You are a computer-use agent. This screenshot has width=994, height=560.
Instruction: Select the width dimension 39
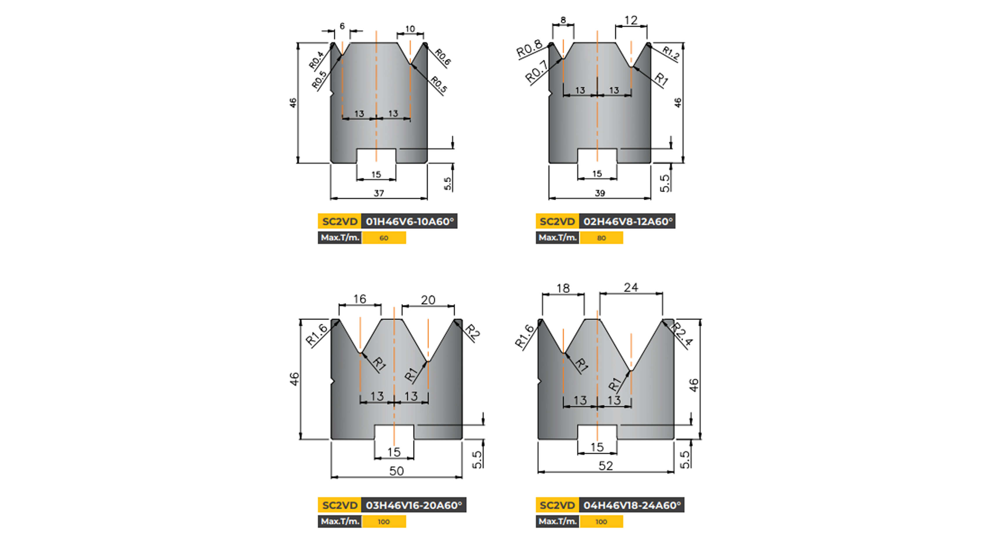point(600,193)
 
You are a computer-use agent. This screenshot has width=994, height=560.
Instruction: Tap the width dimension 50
point(396,471)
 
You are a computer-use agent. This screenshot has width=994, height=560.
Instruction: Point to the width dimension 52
point(605,466)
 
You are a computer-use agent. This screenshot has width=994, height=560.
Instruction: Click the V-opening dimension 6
point(342,26)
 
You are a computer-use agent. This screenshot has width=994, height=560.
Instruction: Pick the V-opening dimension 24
point(631,288)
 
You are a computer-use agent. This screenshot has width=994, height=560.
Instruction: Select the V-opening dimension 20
point(428,300)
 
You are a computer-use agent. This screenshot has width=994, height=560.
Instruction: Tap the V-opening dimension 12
point(631,20)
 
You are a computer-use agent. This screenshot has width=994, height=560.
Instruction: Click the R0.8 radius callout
point(529,49)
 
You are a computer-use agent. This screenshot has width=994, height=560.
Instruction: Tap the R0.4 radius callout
point(316,60)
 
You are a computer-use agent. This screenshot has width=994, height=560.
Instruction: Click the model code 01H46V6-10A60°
point(409,222)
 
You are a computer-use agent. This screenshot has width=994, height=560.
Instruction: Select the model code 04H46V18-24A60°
point(632,505)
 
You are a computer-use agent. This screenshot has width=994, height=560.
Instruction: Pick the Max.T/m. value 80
point(601,238)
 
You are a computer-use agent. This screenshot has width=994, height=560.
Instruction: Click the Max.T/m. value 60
point(383,238)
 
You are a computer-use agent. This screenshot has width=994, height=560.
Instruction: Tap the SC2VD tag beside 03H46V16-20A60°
point(340,505)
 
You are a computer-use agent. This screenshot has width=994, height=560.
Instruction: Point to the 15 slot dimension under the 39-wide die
point(597,174)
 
